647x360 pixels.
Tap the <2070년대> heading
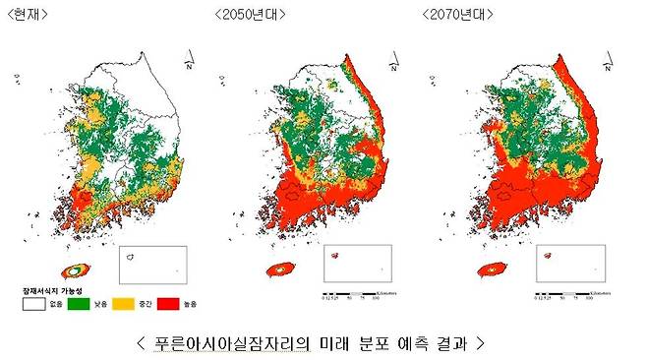pyautogui.click(x=459, y=15)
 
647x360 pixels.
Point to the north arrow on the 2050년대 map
pyautogui.click(x=392, y=67)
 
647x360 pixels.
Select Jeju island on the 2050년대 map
pyautogui.click(x=280, y=269)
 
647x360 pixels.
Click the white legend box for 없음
pyautogui.click(x=31, y=305)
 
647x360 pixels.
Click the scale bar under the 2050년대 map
pyautogui.click(x=359, y=291)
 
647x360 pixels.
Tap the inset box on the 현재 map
pyautogui.click(x=152, y=264)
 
